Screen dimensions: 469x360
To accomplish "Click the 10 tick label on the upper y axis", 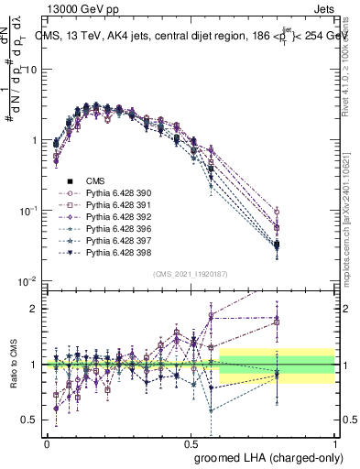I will tap(32, 70).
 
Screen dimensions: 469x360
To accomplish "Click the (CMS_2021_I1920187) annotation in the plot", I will tap(191, 274).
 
